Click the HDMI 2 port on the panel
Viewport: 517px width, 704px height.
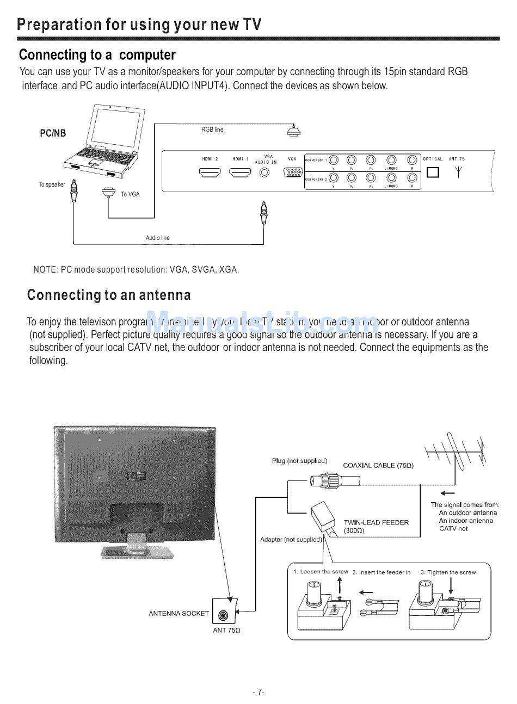click(x=210, y=172)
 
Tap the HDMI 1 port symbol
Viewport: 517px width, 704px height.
click(x=240, y=172)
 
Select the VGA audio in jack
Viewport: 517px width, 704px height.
click(x=265, y=172)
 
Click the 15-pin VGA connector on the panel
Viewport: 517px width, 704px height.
click(x=293, y=172)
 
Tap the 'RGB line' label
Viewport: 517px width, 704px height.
click(x=212, y=129)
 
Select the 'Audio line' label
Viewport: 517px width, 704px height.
click(x=157, y=238)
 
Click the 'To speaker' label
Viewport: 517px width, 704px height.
click(x=52, y=184)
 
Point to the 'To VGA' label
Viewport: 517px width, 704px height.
click(x=130, y=194)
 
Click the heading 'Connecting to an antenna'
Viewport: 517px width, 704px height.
click(x=109, y=295)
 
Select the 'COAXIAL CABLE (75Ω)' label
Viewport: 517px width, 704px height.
click(x=378, y=465)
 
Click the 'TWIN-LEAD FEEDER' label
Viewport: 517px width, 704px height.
click(x=376, y=522)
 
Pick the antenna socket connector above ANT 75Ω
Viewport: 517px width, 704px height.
click(x=223, y=615)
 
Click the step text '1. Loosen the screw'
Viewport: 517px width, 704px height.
click(x=321, y=572)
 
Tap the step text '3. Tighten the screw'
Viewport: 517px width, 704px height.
click(x=448, y=572)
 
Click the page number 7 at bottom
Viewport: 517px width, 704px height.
click(x=258, y=692)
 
